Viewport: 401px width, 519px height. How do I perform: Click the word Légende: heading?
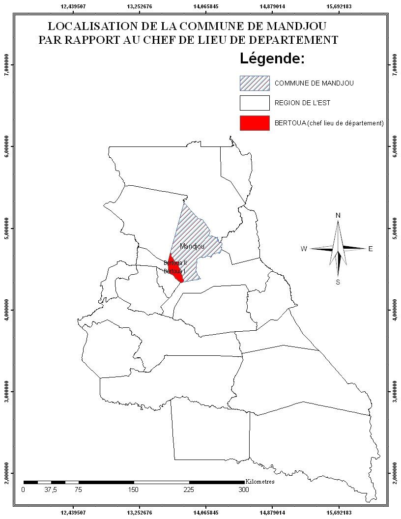272,59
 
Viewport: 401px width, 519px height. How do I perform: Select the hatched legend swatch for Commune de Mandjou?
255,83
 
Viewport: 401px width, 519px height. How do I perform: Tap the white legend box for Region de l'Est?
255,103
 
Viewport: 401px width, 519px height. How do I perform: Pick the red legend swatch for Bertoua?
255,123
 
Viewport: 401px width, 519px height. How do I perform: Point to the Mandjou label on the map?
192,246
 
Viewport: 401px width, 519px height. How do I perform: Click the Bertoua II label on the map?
175,263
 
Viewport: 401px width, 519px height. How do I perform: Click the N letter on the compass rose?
338,216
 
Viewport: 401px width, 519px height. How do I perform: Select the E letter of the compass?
371,249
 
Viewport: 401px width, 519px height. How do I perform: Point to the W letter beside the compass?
304,249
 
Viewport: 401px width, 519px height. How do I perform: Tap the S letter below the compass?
338,282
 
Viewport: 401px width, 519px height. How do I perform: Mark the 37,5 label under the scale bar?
51,490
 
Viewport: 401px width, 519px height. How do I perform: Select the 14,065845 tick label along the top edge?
206,6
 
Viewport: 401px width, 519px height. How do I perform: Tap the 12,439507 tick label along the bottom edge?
73,513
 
